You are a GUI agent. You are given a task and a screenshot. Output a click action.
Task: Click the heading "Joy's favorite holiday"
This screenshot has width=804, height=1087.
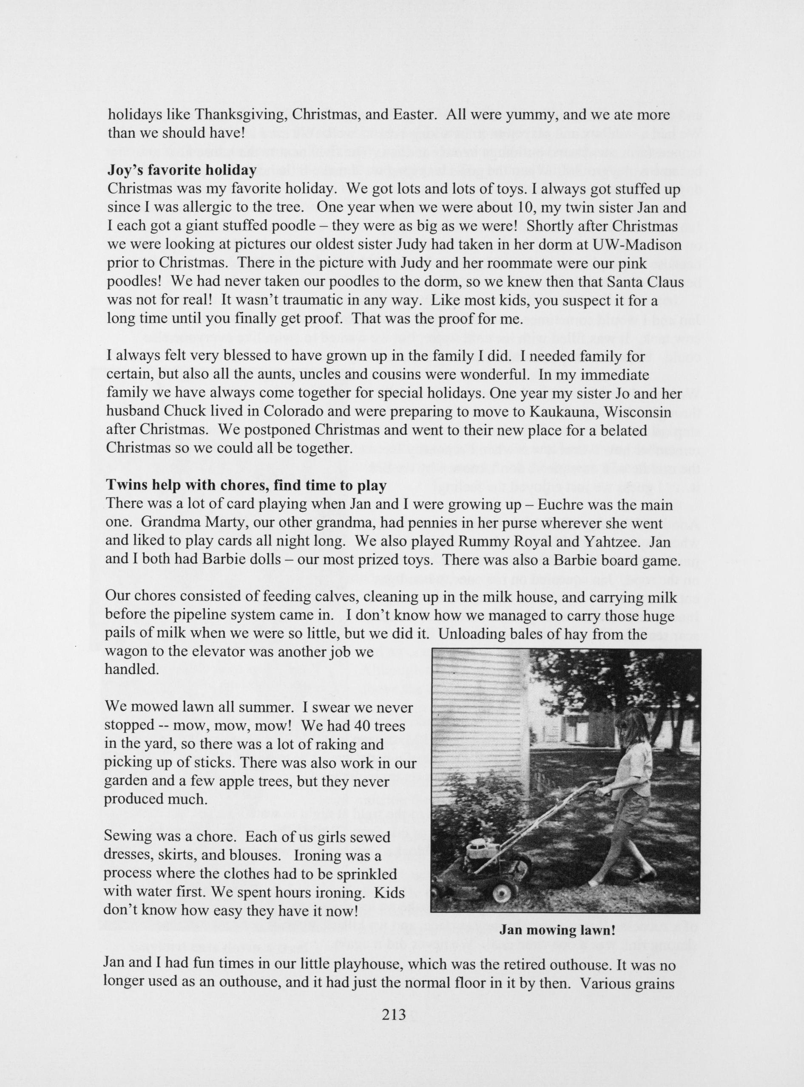click(182, 170)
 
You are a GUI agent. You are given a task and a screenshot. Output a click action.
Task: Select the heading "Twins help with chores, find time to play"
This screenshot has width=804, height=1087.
click(246, 485)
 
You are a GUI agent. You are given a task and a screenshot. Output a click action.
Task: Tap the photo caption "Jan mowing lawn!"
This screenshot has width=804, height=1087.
click(557, 930)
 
